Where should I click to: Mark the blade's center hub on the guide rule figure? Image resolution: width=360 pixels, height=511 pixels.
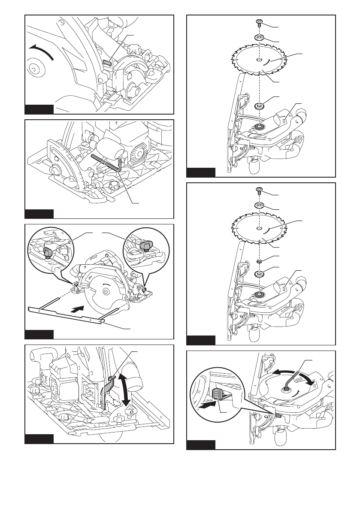[x=105, y=292]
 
